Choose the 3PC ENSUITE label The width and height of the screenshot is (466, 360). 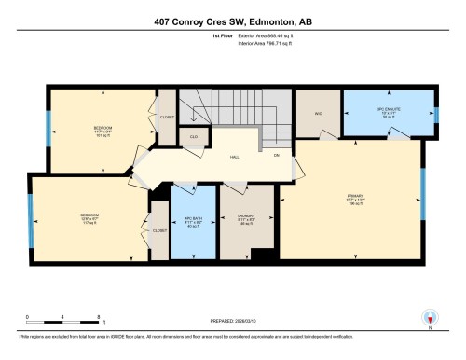388,110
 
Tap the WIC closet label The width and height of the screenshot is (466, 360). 317,114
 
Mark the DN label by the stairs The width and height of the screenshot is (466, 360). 276,158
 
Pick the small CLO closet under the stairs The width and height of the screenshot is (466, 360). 193,137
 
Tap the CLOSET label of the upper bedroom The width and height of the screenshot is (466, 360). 167,119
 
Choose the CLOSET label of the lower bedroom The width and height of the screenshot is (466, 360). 158,229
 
